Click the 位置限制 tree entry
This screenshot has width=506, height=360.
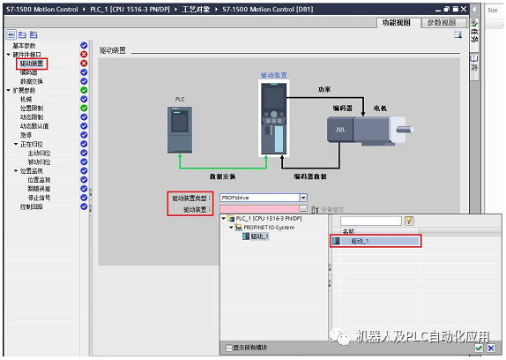[34, 108]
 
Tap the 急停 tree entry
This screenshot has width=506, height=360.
[26, 135]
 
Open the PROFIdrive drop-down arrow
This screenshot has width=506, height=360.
[303, 198]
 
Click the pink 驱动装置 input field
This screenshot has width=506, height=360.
[259, 209]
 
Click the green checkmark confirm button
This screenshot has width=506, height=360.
[479, 349]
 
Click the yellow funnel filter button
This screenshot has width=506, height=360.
[409, 221]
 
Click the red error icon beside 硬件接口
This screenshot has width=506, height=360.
[85, 54]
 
